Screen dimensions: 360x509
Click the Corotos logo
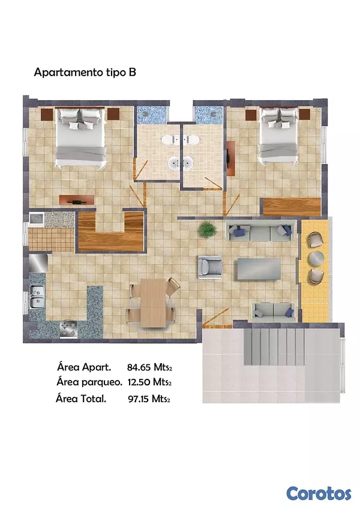[319, 493]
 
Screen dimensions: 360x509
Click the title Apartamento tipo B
[85, 72]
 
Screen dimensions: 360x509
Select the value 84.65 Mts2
[149, 367]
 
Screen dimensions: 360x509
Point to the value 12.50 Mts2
[149, 382]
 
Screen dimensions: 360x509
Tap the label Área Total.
[81, 399]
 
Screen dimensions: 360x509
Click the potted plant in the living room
[208, 229]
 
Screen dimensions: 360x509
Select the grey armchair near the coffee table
[210, 267]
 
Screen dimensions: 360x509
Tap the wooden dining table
[153, 303]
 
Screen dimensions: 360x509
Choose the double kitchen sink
[37, 296]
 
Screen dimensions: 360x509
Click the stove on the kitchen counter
[68, 328]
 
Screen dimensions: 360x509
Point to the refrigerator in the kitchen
[38, 263]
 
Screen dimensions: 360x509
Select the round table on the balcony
[316, 258]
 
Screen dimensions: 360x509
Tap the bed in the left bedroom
[80, 137]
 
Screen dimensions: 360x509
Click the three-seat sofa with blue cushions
[260, 231]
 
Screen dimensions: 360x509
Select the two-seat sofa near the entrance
[274, 312]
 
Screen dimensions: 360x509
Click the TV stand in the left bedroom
[77, 200]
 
